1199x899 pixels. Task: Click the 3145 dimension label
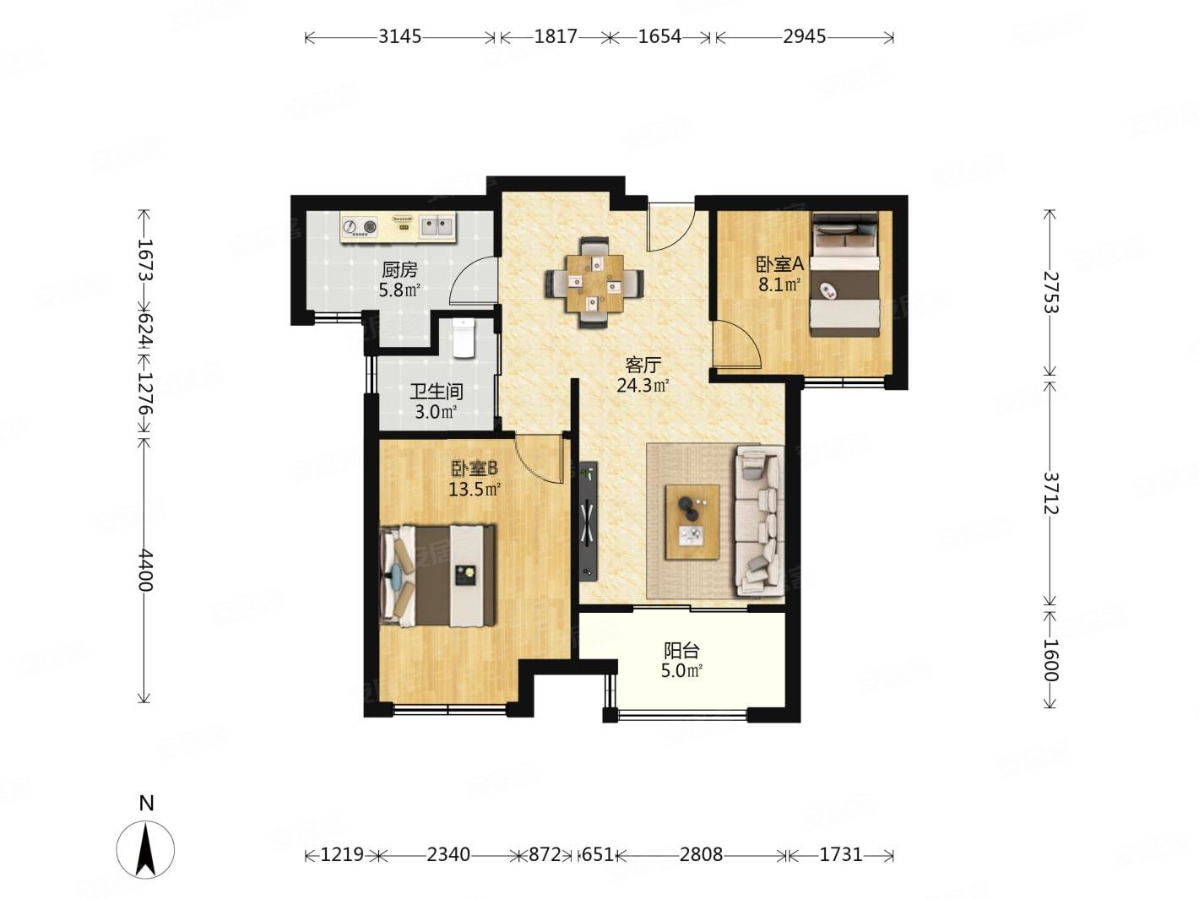[x=399, y=36]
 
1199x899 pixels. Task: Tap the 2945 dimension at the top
[x=804, y=36]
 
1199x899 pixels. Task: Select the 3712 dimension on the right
[x=1050, y=493]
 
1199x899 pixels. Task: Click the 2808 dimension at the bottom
[x=700, y=853]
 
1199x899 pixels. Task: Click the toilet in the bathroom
[x=464, y=338]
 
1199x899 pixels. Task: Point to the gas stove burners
[x=360, y=225]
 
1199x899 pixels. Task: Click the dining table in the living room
[x=594, y=284]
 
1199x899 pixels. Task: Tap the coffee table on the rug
[x=692, y=522]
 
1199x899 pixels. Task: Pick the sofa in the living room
[x=759, y=520]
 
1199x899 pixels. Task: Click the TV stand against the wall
[x=588, y=521]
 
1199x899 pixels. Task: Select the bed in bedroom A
[x=844, y=274]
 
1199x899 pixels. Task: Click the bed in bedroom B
[x=438, y=576]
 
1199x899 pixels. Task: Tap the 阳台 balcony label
[x=681, y=651]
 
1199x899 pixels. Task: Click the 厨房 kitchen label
[x=399, y=269]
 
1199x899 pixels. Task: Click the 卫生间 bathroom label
[x=437, y=391]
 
